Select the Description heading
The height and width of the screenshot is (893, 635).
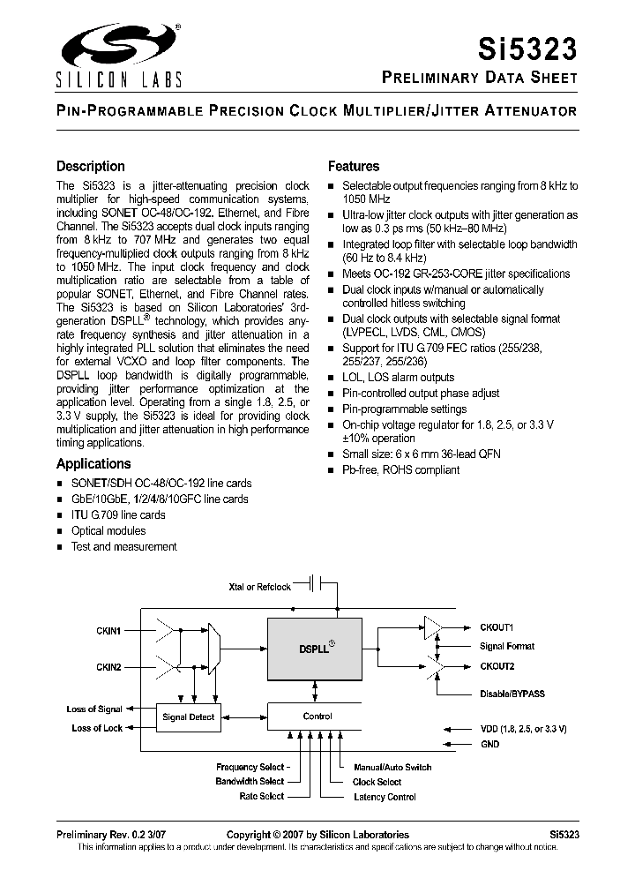tap(90, 166)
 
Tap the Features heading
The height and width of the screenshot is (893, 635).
tap(354, 166)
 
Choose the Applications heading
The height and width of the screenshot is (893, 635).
tap(93, 463)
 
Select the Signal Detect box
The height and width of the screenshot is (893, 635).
tap(188, 717)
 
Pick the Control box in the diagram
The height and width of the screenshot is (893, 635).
tap(317, 716)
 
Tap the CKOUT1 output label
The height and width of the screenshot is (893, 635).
tap(497, 627)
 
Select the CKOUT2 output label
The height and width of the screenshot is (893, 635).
tap(497, 666)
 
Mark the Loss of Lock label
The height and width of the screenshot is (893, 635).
tap(97, 728)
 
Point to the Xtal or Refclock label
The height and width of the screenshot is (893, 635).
tap(259, 586)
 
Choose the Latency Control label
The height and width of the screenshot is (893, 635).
tap(384, 797)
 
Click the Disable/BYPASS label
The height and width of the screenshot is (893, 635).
tap(512, 694)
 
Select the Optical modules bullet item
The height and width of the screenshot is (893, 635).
tap(108, 530)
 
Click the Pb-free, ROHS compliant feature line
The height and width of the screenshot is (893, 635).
tap(400, 469)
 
